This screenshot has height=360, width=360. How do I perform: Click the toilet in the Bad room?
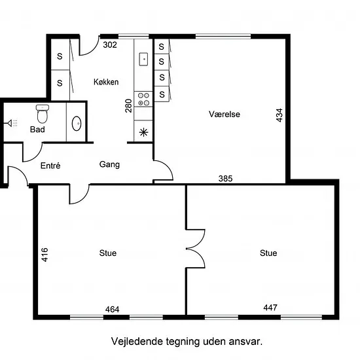pyautogui.click(x=43, y=114)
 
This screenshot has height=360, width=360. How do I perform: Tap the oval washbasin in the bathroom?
pyautogui.click(x=77, y=124)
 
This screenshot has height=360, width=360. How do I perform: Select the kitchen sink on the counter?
pyautogui.click(x=143, y=59)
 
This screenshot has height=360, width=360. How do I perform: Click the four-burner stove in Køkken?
pyautogui.click(x=143, y=99)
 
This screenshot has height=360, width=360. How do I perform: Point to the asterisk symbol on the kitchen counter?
pyautogui.click(x=143, y=132)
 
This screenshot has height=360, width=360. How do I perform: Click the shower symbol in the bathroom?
pyautogui.click(x=12, y=123)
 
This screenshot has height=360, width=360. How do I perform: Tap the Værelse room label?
pyautogui.click(x=225, y=114)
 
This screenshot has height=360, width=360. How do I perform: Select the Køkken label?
pyautogui.click(x=106, y=82)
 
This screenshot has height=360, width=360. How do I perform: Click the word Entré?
pyautogui.click(x=50, y=166)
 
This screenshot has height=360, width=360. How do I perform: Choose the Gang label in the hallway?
pyautogui.click(x=109, y=164)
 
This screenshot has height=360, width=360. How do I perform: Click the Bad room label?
pyautogui.click(x=37, y=130)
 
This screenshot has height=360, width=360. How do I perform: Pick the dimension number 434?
pyautogui.click(x=279, y=115)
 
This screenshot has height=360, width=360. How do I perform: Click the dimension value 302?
pyautogui.click(x=110, y=45)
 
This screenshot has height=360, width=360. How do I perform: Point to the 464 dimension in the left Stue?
pyautogui.click(x=113, y=310)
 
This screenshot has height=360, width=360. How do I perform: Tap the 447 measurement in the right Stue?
pyautogui.click(x=270, y=308)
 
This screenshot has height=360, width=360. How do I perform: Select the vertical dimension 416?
pyautogui.click(x=45, y=255)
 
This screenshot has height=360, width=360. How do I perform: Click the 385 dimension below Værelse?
pyautogui.click(x=225, y=179)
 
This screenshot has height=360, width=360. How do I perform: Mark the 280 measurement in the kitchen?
pyautogui.click(x=128, y=105)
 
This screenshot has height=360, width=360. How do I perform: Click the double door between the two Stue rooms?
pyautogui.click(x=196, y=249)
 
